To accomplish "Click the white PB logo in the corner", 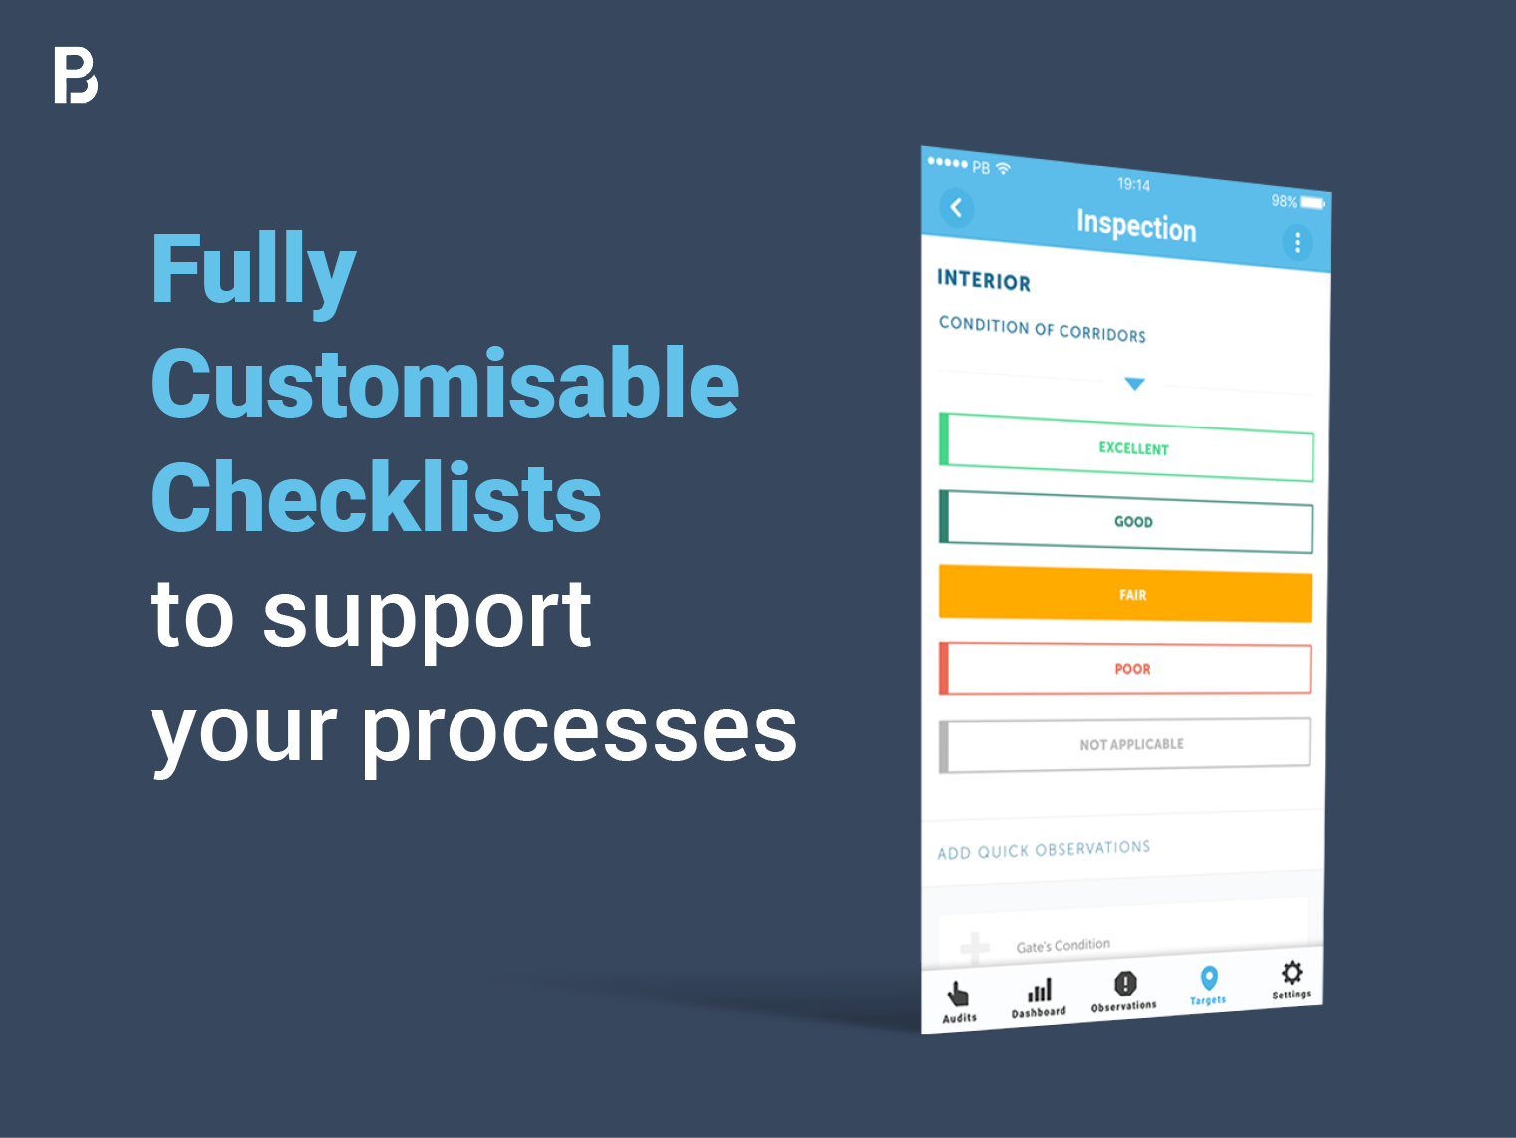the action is point(76,76).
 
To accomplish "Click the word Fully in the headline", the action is point(253,270).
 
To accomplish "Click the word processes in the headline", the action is point(579,734).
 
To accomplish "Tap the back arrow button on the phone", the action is point(957,208).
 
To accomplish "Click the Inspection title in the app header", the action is point(1136,226).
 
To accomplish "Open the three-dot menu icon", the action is point(1297,242).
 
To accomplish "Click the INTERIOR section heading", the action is point(984,280).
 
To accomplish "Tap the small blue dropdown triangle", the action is point(1134,384).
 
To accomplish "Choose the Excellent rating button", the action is point(1125,447).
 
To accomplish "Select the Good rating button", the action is point(1125,522).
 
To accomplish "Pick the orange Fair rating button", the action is point(1125,594).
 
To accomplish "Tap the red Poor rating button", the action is point(1124,669).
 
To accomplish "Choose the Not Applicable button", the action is point(1124,745).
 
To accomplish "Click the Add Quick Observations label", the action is point(1044,850).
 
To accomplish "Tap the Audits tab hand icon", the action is point(958,996).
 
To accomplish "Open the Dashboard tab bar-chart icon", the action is point(1040,991).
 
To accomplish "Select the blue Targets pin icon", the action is point(1209,978).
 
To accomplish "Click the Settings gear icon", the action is point(1292,973).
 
